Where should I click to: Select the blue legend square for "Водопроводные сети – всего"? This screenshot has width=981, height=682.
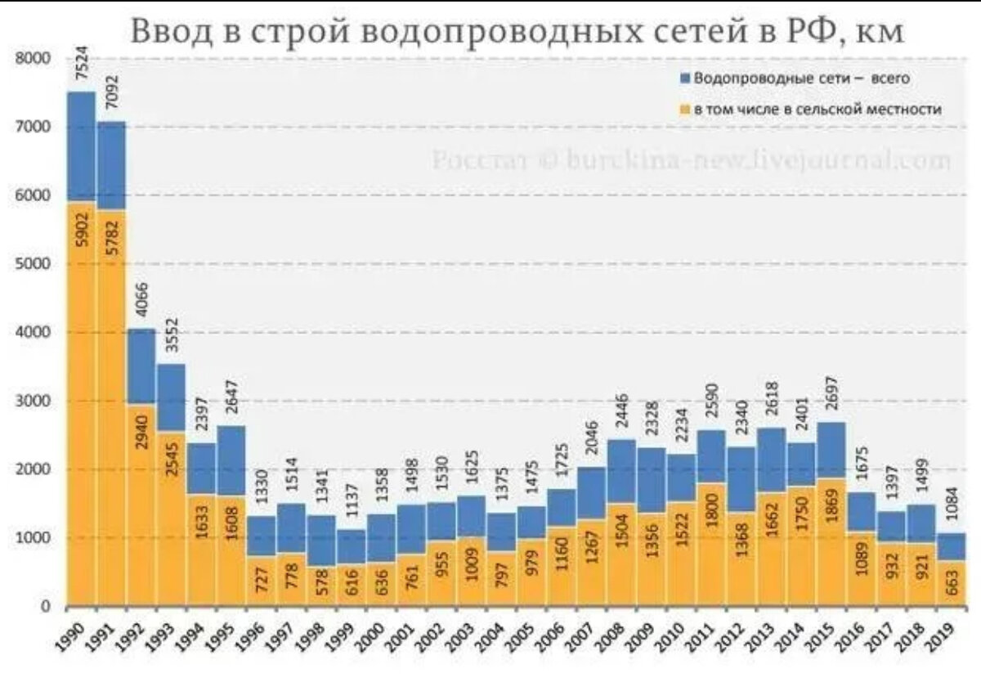point(685,78)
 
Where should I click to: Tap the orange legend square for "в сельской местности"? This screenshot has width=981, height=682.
point(685,108)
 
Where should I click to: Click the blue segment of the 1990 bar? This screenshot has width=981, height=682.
point(82,147)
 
